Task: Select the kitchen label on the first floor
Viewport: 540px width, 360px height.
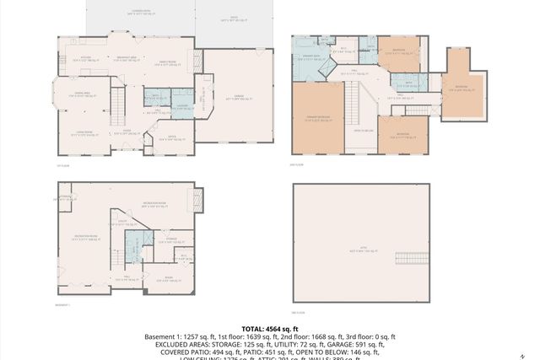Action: click(87, 59)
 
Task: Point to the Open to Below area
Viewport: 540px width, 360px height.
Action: click(364, 132)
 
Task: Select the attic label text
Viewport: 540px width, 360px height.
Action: click(360, 251)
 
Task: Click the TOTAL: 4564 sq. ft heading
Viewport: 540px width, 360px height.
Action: click(270, 328)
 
